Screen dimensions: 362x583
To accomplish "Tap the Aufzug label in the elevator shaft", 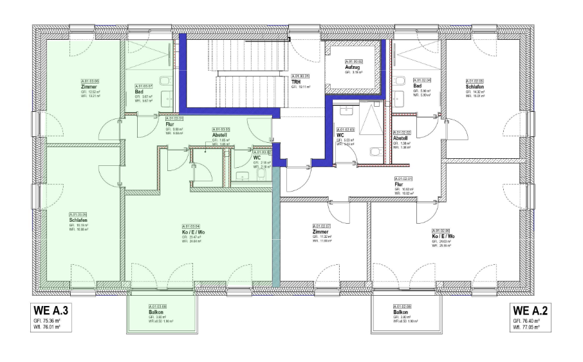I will pyautogui.click(x=352, y=67).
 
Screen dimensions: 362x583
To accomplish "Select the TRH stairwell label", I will pyautogui.click(x=296, y=82).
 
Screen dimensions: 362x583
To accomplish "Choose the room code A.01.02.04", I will pyautogui.click(x=423, y=80).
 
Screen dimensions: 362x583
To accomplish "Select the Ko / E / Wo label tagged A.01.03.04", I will pyautogui.click(x=194, y=232).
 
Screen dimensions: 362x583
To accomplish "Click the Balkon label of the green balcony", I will pyautogui.click(x=156, y=312).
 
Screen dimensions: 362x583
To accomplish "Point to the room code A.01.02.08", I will pyautogui.click(x=403, y=307).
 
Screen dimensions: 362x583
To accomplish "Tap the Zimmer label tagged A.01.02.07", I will pyautogui.click(x=320, y=232).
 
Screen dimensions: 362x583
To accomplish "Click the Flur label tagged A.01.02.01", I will pyautogui.click(x=399, y=184).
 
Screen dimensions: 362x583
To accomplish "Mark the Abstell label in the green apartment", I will pyautogui.click(x=220, y=135).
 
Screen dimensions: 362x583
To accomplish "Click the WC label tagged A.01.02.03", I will pyautogui.click(x=340, y=134).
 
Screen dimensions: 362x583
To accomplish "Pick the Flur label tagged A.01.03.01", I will pyautogui.click(x=170, y=124).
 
